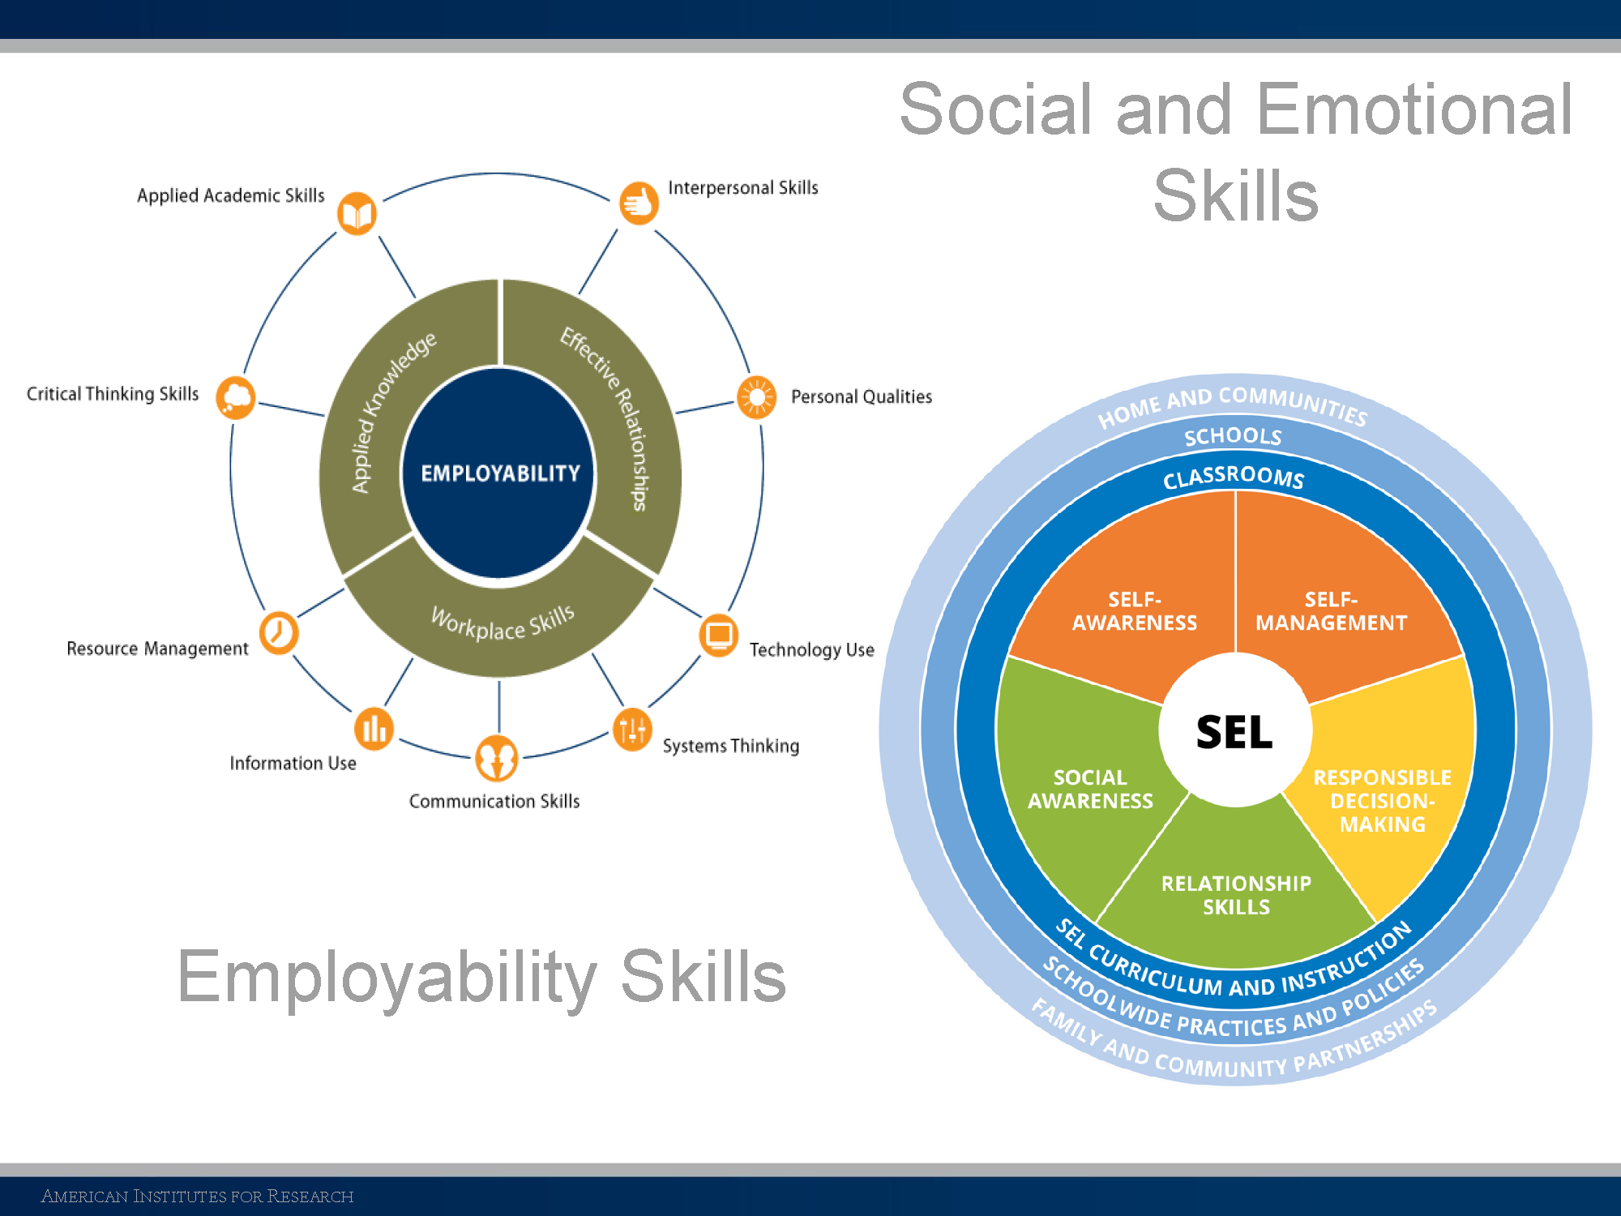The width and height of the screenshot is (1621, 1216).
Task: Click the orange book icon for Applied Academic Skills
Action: [x=357, y=213]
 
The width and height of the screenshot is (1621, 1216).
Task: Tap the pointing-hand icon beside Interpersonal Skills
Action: [x=639, y=203]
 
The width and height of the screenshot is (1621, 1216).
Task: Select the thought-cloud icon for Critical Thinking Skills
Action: [x=236, y=397]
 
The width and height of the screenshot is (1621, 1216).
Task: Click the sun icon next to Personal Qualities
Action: [x=756, y=397]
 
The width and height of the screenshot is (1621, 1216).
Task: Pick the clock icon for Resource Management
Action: [x=279, y=632]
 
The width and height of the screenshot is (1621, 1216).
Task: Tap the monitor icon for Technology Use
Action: [x=718, y=635]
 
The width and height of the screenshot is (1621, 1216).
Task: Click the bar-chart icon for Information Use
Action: [x=374, y=728]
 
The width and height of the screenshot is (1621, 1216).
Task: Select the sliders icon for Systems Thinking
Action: [x=632, y=729]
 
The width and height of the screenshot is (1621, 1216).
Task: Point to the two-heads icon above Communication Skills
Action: [x=496, y=758]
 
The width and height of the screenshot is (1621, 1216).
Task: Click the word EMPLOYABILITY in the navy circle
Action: [x=500, y=473]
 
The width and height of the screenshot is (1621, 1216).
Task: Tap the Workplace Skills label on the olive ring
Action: [x=503, y=624]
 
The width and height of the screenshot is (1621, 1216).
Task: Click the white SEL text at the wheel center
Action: [x=1234, y=732]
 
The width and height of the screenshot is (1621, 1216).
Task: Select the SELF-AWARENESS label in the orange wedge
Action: [x=1134, y=611]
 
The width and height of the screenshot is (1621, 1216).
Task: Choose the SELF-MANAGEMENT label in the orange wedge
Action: [x=1331, y=611]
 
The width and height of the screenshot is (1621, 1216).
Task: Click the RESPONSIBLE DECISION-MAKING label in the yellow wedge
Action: [x=1382, y=801]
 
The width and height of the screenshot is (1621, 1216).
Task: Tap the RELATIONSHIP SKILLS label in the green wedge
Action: [x=1236, y=895]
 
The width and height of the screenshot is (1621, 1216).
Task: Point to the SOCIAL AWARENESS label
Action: [x=1090, y=790]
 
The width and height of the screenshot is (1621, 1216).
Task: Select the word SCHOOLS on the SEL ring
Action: [x=1233, y=436]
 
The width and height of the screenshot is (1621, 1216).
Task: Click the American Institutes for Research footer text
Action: [x=197, y=1197]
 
